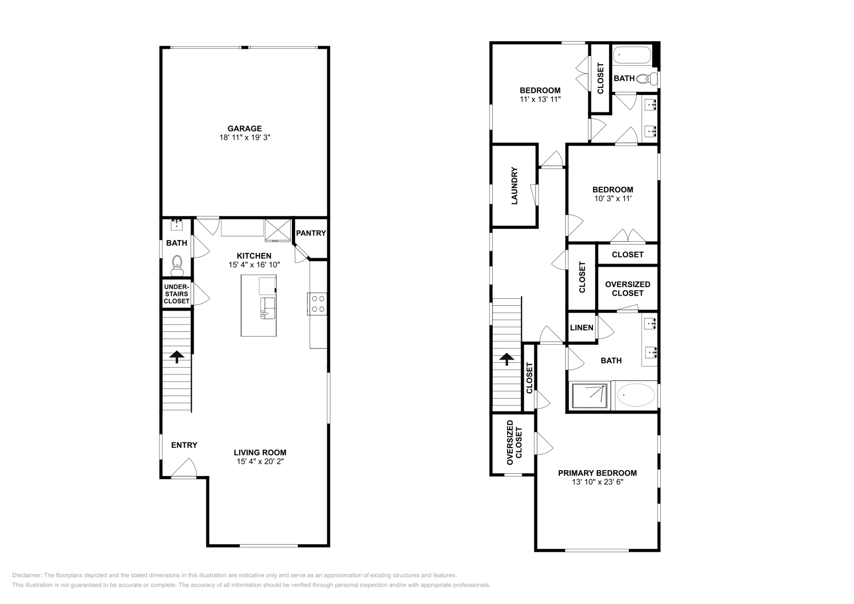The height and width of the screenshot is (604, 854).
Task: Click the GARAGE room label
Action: [244, 128]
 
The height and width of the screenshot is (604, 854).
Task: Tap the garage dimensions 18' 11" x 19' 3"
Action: [244, 137]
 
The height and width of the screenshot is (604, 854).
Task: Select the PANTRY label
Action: [311, 233]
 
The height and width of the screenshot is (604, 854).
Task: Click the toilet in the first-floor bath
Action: [177, 264]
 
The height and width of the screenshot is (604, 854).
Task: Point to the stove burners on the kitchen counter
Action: [318, 304]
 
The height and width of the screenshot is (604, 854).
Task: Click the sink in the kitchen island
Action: [267, 308]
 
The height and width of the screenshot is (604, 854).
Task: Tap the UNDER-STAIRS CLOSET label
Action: [177, 294]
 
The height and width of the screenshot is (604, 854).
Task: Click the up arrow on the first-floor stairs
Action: [176, 356]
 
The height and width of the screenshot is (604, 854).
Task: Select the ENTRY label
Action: [184, 445]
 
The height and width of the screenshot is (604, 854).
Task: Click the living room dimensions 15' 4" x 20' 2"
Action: [260, 462]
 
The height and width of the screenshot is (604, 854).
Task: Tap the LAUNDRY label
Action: [515, 186]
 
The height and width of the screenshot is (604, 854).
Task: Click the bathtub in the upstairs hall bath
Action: [631, 54]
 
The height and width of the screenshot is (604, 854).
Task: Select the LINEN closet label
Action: [581, 328]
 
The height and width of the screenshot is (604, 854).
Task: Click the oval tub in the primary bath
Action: [635, 395]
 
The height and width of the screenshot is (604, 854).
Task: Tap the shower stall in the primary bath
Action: [590, 395]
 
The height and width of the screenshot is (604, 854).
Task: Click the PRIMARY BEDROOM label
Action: [597, 473]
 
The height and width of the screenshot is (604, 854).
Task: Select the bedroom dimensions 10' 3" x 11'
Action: [613, 198]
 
